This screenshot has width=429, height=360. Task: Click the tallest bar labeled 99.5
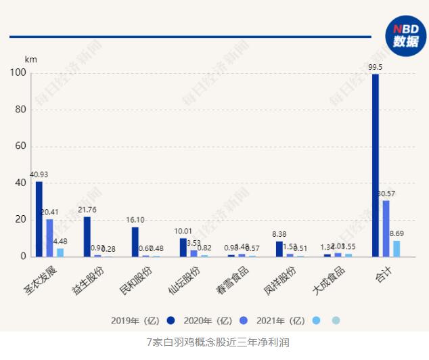pyautogui.click(x=376, y=165)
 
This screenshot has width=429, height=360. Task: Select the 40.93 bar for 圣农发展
pyautogui.click(x=39, y=219)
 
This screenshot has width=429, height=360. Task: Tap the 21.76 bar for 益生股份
pyautogui.click(x=87, y=237)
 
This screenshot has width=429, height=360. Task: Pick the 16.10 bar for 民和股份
pyautogui.click(x=135, y=242)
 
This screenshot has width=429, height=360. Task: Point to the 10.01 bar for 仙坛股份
pyautogui.click(x=183, y=248)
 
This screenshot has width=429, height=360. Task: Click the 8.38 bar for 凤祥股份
pyautogui.click(x=279, y=249)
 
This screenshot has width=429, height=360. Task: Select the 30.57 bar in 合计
pyautogui.click(x=386, y=229)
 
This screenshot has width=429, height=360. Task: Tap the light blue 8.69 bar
pyautogui.click(x=397, y=248)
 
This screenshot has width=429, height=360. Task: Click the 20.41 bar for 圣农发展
pyautogui.click(x=49, y=238)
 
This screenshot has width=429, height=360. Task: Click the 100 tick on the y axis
pyautogui.click(x=16, y=73)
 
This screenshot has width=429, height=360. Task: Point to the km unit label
pyautogui.click(x=30, y=59)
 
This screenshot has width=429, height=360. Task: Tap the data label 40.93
pyautogui.click(x=38, y=175)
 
